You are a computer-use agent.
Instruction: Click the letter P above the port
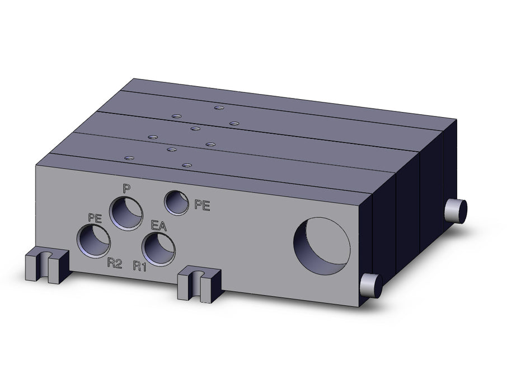(127, 188)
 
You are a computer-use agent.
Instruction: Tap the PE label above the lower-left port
(95, 218)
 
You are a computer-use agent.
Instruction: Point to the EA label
(159, 226)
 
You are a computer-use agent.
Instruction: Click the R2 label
(115, 264)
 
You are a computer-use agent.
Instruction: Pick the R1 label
(140, 266)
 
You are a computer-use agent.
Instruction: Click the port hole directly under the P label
(126, 214)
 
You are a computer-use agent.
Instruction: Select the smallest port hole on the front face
(176, 203)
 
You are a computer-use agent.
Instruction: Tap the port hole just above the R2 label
(93, 242)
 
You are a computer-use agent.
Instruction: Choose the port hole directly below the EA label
(159, 249)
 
